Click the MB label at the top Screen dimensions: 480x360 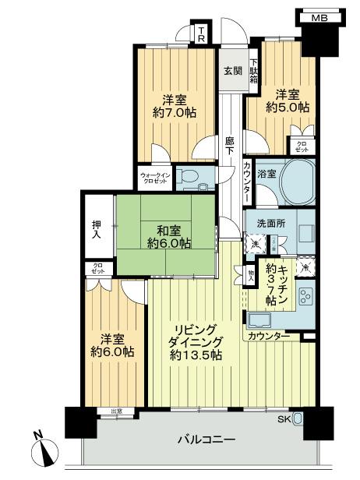click(319, 18)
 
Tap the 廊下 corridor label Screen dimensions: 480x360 click(230, 146)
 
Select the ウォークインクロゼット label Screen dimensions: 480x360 click(155, 176)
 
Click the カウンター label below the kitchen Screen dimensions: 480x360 click(270, 336)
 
